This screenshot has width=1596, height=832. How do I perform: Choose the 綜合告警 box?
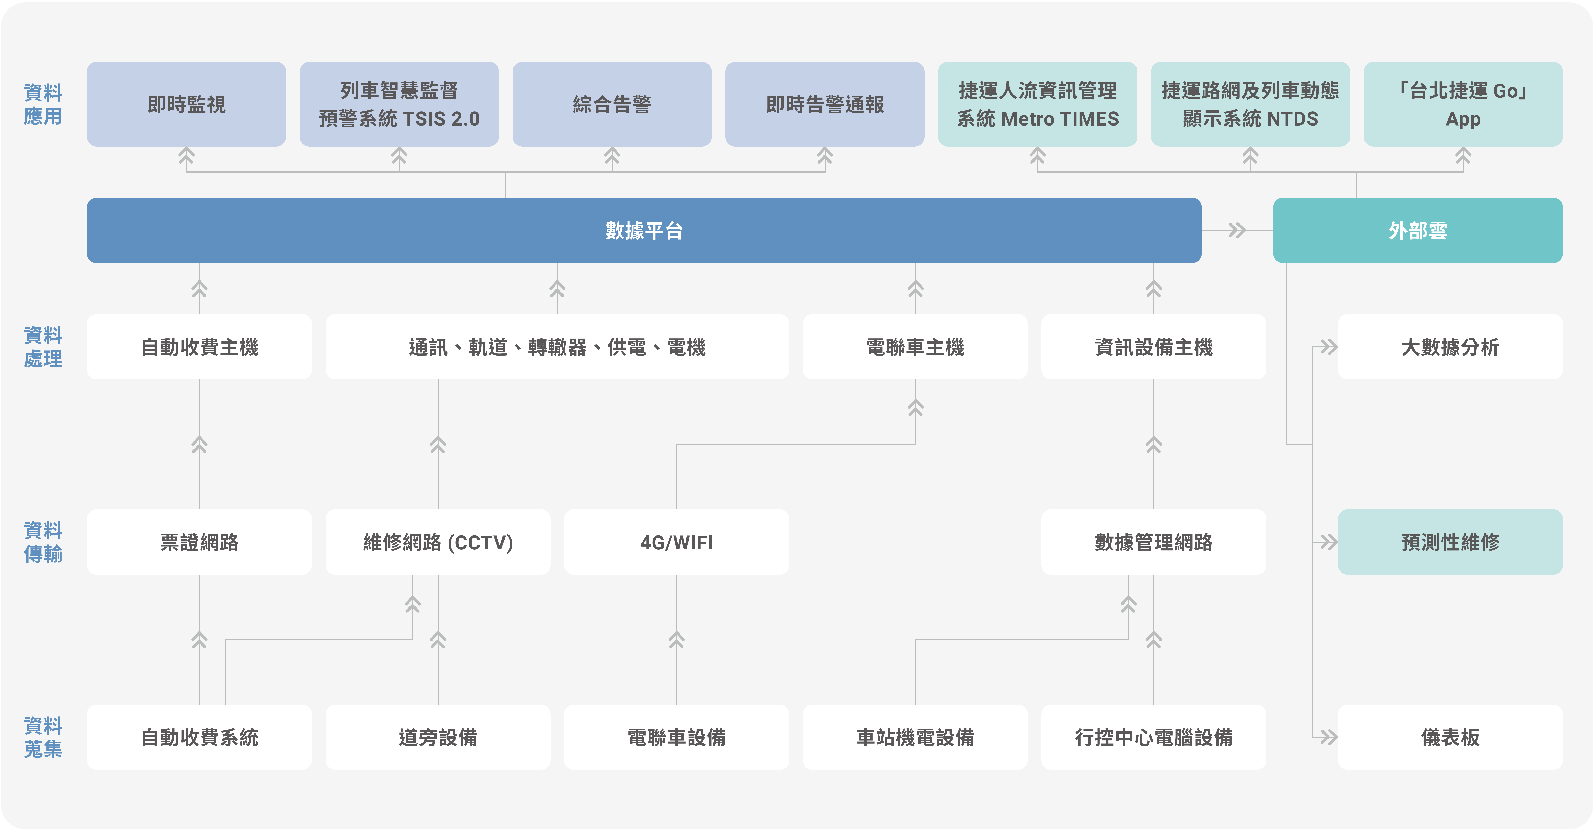point(612,104)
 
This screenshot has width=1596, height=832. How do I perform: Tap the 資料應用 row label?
point(43,104)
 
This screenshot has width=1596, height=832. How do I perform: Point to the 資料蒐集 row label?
point(43,737)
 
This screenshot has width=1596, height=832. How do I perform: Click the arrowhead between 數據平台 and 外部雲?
point(1237,231)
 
